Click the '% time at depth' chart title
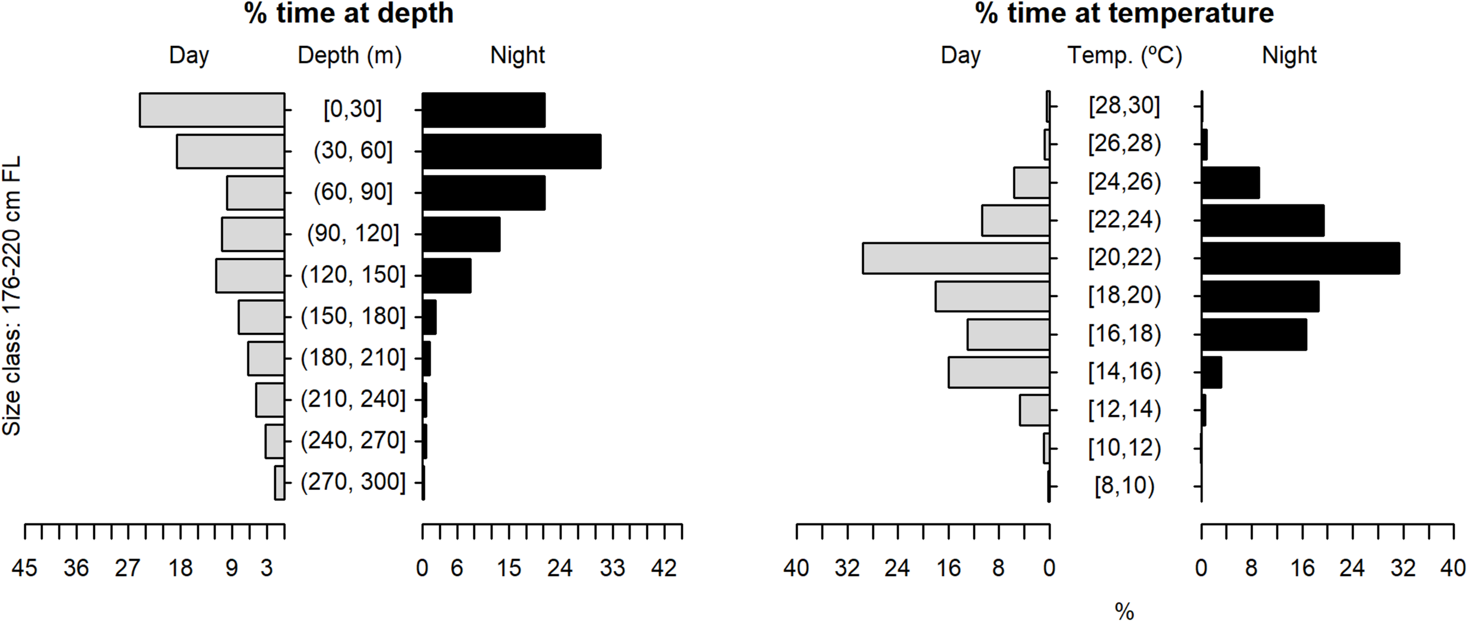pyautogui.click(x=349, y=13)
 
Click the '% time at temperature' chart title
pyautogui.click(x=1124, y=13)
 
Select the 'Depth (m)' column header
pyautogui.click(x=349, y=56)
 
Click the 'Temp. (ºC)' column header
pyautogui.click(x=1124, y=56)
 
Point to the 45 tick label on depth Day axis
pyautogui.click(x=25, y=569)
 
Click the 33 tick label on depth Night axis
pyautogui.click(x=612, y=569)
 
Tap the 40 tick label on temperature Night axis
pyautogui.click(x=1453, y=569)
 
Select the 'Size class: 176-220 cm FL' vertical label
pyautogui.click(x=12, y=295)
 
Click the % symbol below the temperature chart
pyautogui.click(x=1124, y=612)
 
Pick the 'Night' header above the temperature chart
pyautogui.click(x=1289, y=56)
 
